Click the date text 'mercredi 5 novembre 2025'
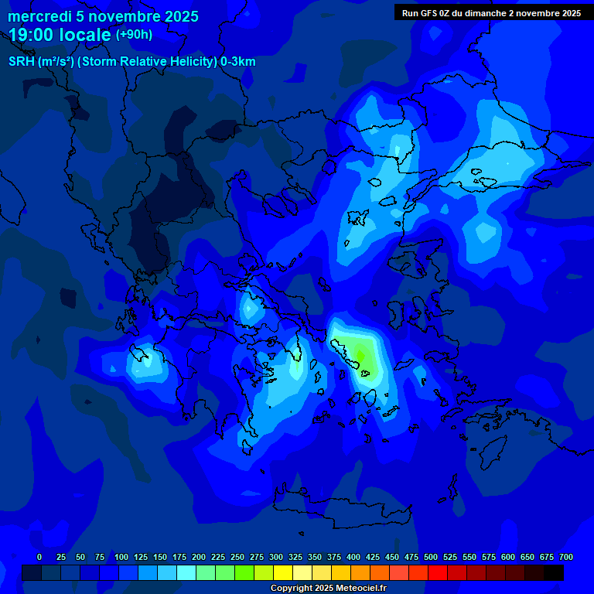[103, 16]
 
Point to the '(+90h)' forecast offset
[134, 35]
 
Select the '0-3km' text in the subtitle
[238, 62]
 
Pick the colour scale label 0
[39, 557]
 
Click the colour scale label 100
[121, 557]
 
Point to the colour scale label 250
[237, 557]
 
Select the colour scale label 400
[353, 557]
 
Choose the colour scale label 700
[566, 557]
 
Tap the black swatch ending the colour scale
[554, 572]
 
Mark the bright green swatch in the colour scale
[244, 572]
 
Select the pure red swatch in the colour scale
[438, 572]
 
